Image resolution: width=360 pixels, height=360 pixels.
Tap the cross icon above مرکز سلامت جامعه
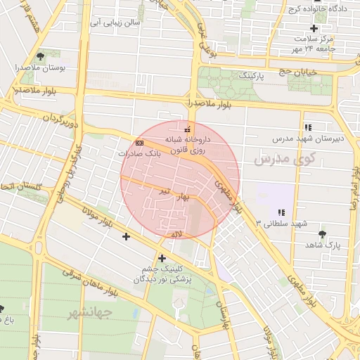[314, 28]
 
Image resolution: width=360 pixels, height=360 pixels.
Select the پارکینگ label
[252, 75]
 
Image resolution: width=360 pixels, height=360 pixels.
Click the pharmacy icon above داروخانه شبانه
[186, 129]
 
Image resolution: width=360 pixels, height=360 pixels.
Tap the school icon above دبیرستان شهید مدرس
[307, 127]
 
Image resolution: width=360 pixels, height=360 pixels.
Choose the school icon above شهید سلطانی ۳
[281, 212]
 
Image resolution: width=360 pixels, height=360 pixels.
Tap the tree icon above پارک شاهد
[323, 234]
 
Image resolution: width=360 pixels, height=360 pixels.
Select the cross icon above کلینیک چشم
[162, 258]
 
